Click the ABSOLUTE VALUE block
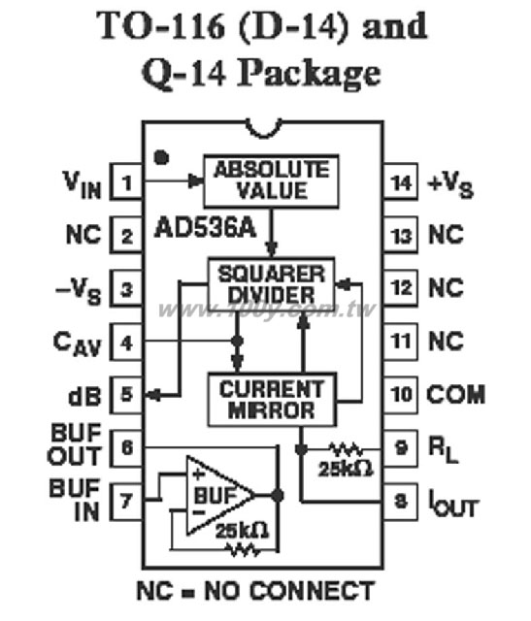[x=271, y=181]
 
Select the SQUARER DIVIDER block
[x=271, y=284]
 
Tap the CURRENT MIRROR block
[x=272, y=399]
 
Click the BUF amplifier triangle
[x=220, y=495]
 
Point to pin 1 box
[x=126, y=181]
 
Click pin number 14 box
[x=400, y=182]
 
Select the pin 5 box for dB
[x=126, y=395]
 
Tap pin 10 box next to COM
[x=400, y=395]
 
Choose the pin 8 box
[x=400, y=502]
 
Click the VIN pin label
[x=83, y=184]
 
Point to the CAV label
[x=77, y=344]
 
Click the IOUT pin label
[x=453, y=504]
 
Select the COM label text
[x=455, y=395]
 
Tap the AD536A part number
[x=205, y=228]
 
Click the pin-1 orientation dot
[x=161, y=157]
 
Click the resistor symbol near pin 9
[x=346, y=449]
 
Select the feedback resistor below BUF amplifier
[x=243, y=550]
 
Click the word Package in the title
[x=309, y=74]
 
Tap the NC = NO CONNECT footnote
[x=255, y=591]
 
